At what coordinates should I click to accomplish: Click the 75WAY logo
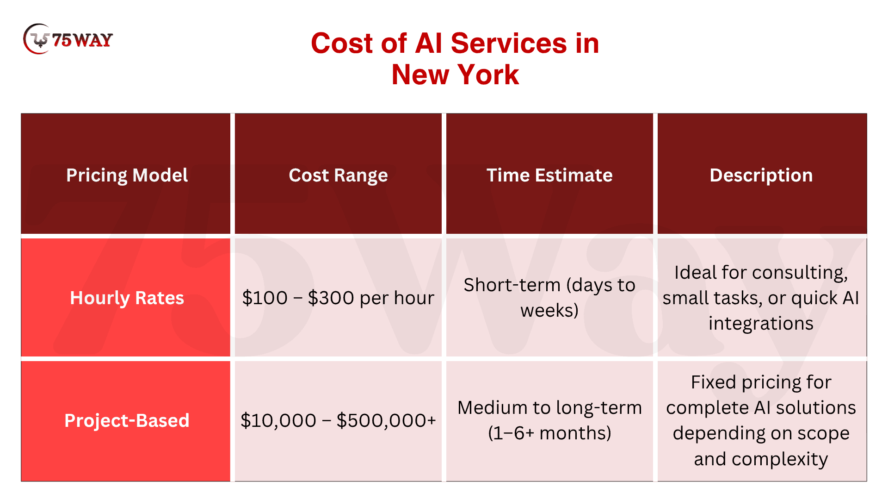pos(68,39)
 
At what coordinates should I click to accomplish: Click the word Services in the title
pos(509,44)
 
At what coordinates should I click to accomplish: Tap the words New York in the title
pos(455,75)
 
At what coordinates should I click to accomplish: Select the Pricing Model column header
pos(127,175)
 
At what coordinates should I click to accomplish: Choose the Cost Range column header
pos(338,175)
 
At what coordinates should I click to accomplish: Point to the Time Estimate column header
pos(549,175)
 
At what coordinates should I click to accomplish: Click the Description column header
pos(761,175)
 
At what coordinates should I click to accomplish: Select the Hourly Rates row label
pos(127,298)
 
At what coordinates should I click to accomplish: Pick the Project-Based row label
pos(127,420)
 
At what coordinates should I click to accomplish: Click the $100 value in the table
pos(265,298)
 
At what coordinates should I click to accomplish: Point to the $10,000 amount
pos(278,420)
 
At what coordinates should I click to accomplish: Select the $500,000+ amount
pos(386,420)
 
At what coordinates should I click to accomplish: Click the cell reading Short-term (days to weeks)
pos(549,297)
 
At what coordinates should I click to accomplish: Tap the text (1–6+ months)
pos(549,433)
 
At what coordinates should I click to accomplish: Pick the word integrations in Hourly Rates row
pos(761,323)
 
